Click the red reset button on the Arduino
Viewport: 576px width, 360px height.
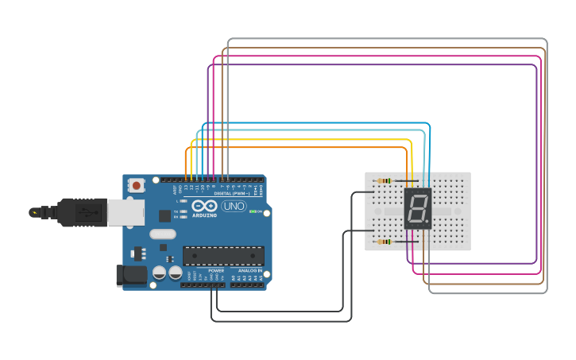[137, 186]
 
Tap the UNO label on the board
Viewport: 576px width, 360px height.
[234, 206]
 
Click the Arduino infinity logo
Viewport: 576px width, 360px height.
[203, 205]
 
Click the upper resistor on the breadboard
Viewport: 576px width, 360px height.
[385, 181]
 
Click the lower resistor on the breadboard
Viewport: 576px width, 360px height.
[385, 242]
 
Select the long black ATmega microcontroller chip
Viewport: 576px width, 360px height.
[223, 255]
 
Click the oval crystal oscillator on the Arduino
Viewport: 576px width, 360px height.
[162, 234]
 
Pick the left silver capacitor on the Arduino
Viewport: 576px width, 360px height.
[159, 273]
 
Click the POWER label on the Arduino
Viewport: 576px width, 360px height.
[216, 270]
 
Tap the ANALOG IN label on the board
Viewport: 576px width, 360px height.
[250, 270]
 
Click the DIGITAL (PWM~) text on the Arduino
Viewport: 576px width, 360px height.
[231, 193]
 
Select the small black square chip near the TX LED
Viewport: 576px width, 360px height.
[164, 215]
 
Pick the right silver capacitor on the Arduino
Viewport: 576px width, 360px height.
[175, 273]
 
